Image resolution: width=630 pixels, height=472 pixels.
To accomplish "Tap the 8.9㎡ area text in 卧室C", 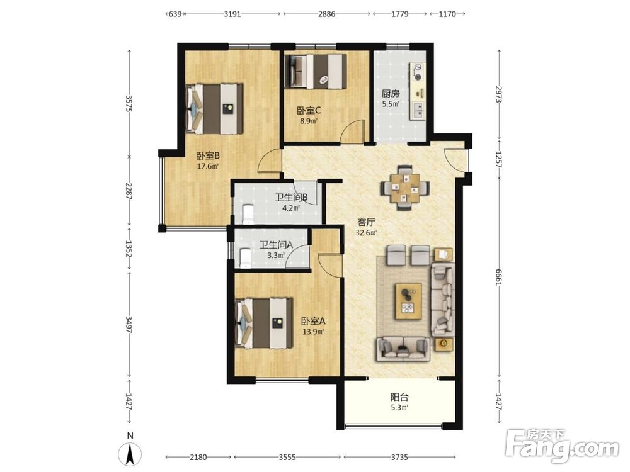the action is click(309, 120).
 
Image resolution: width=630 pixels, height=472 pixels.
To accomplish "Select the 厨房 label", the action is click(391, 94).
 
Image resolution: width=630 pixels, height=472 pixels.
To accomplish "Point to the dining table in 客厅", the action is click(405, 188).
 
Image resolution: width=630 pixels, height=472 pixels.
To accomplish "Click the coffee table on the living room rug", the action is click(409, 301).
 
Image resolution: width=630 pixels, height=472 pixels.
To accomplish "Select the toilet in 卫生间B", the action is click(248, 214).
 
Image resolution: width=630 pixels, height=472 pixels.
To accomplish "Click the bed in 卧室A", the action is click(264, 323).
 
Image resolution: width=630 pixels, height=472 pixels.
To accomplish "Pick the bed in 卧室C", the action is click(316, 71).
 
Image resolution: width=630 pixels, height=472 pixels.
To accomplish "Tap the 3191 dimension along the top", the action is click(232, 14).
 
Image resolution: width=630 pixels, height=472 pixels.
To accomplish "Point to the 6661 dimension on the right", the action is click(499, 277).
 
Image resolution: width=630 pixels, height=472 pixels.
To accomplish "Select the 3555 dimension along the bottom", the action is click(287, 457).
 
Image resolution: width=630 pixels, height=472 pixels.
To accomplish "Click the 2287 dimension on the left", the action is click(129, 191).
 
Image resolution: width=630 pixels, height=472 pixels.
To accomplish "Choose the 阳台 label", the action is click(400, 397).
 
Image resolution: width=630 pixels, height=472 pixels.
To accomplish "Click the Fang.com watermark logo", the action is click(562, 446).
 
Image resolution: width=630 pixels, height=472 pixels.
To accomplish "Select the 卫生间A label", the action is click(276, 244).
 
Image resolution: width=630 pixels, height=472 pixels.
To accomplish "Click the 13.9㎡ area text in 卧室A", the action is click(313, 332).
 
